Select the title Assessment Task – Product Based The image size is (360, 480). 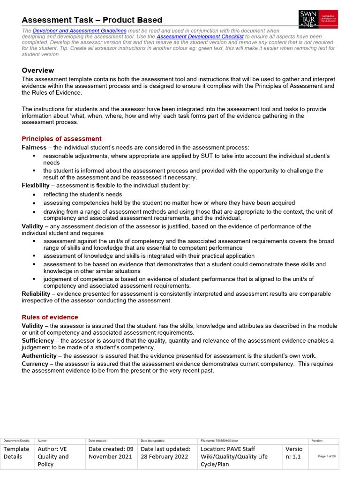point(92,20)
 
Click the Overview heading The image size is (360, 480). point(38,70)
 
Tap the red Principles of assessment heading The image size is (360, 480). point(61,139)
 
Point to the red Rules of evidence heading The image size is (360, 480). point(50,317)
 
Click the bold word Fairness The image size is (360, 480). point(34,148)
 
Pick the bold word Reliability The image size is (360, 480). point(36,294)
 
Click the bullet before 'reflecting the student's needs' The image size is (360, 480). point(34,195)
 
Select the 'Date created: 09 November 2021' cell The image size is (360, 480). point(111,453)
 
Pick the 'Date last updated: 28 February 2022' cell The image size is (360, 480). point(166,453)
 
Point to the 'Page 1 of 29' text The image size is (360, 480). point(327,457)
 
